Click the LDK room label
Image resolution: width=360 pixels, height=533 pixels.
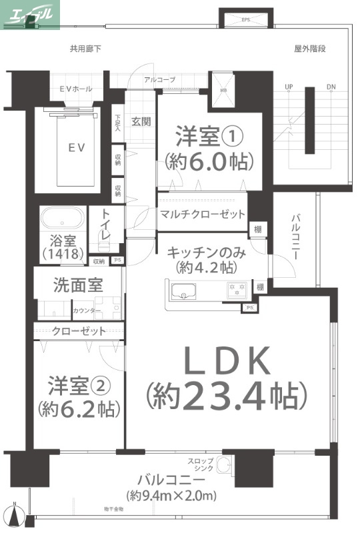(227, 363)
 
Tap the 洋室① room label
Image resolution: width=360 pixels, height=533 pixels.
(208, 137)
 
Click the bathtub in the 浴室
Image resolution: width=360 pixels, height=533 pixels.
(63, 219)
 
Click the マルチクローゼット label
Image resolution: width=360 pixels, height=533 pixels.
(202, 215)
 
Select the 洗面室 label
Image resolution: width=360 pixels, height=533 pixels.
(77, 285)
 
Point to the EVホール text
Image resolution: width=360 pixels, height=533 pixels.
(75, 89)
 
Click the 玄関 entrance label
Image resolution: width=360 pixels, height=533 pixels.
(141, 122)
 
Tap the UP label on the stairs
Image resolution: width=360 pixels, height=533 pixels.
(289, 87)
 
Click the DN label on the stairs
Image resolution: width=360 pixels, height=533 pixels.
(331, 87)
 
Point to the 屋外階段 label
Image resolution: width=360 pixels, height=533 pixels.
(310, 49)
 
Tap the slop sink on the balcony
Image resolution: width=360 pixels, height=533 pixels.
(225, 464)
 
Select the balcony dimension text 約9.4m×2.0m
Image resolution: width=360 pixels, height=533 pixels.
(171, 496)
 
